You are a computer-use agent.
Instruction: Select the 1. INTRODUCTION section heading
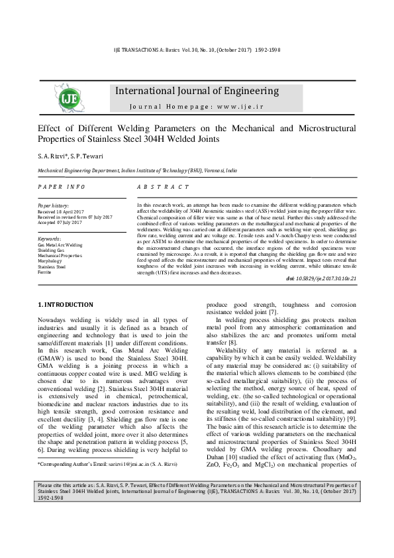coord(66,304)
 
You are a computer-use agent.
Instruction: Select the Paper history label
coord(53,205)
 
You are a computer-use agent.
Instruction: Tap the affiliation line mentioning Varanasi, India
coord(137,170)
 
